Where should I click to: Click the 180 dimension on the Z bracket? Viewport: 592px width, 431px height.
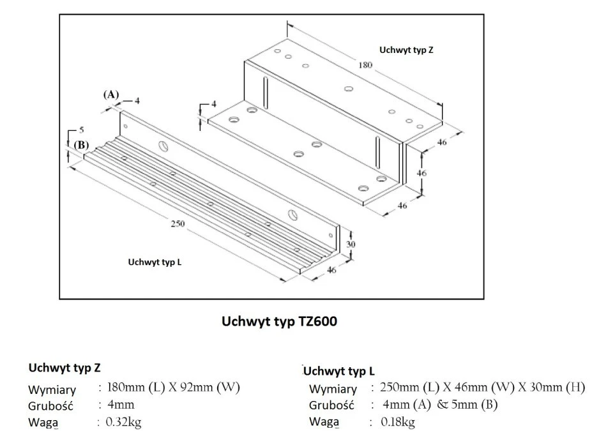(365, 65)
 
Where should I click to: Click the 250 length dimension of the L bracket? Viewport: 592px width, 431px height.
(178, 223)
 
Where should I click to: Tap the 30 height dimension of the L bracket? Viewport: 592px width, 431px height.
(351, 244)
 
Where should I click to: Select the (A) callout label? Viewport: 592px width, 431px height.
(111, 95)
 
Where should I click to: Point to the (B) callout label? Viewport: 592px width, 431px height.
(81, 146)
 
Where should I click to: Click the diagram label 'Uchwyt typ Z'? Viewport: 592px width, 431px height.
(406, 50)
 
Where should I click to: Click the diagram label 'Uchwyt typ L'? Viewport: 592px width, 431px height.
(155, 262)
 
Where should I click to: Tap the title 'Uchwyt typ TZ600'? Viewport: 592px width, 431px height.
(279, 321)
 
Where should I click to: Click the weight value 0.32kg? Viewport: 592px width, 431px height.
(123, 421)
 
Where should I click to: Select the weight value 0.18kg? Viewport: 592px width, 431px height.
(398, 421)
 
